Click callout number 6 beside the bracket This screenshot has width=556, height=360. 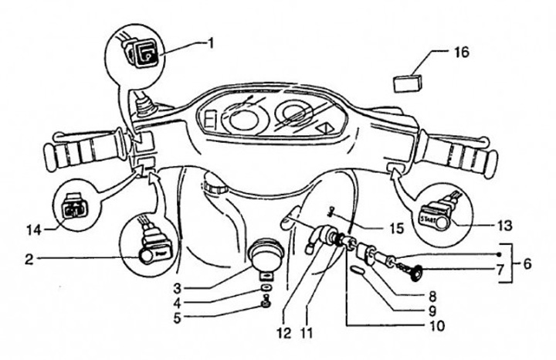[527, 263]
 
